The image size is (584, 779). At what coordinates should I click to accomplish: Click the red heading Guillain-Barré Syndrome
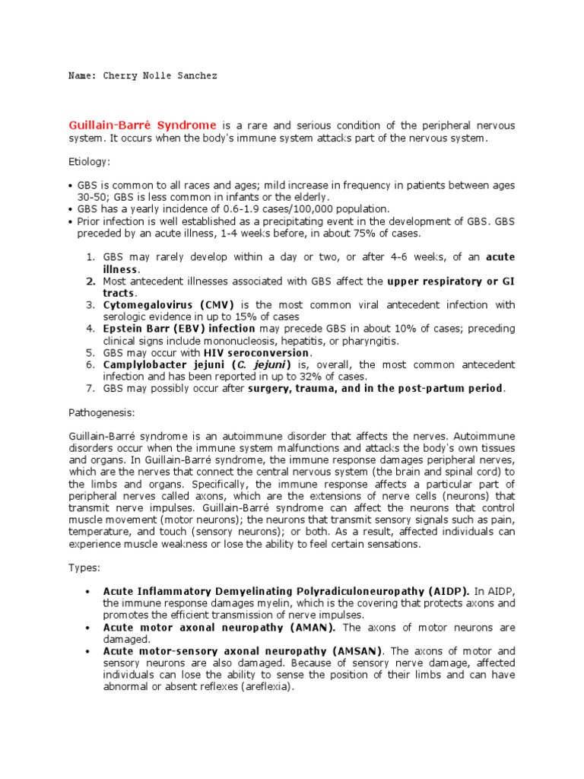[x=143, y=125]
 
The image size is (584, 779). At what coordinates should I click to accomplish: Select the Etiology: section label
[x=90, y=162]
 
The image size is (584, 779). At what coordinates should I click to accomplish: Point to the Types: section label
[x=84, y=567]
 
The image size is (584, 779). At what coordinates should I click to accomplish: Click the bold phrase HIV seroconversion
[x=256, y=353]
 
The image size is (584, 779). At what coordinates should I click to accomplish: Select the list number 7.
[x=89, y=389]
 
